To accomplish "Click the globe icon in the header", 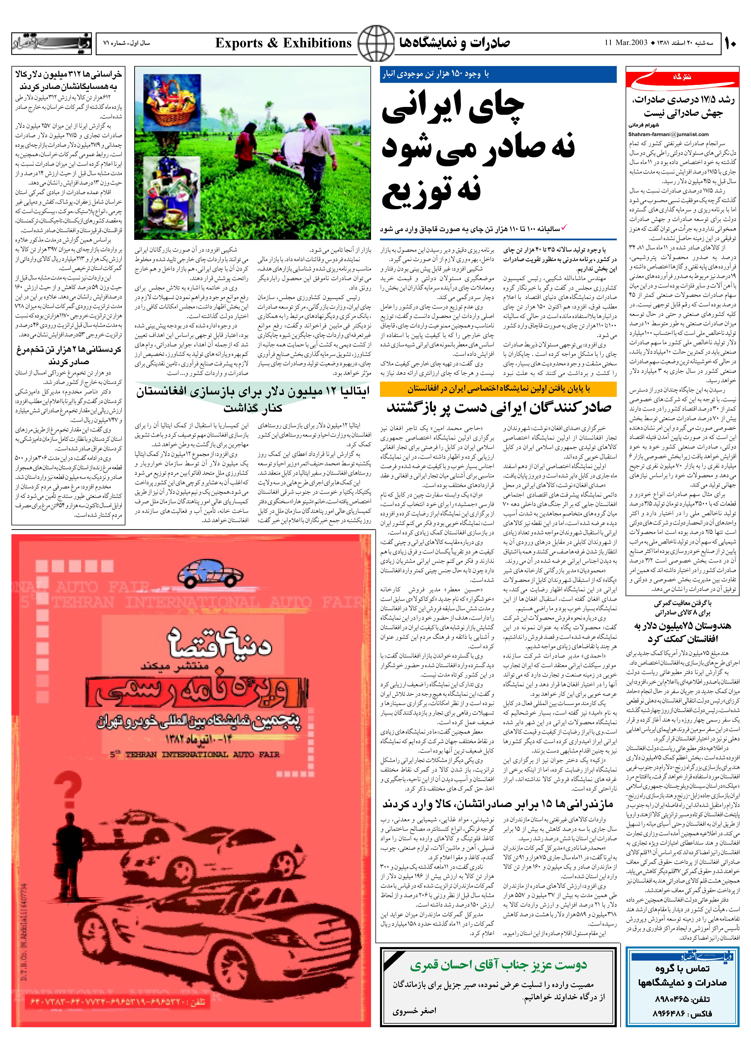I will point(376,43).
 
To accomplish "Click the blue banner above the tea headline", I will point(498,74).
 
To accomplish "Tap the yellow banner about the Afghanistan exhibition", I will point(498,389).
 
